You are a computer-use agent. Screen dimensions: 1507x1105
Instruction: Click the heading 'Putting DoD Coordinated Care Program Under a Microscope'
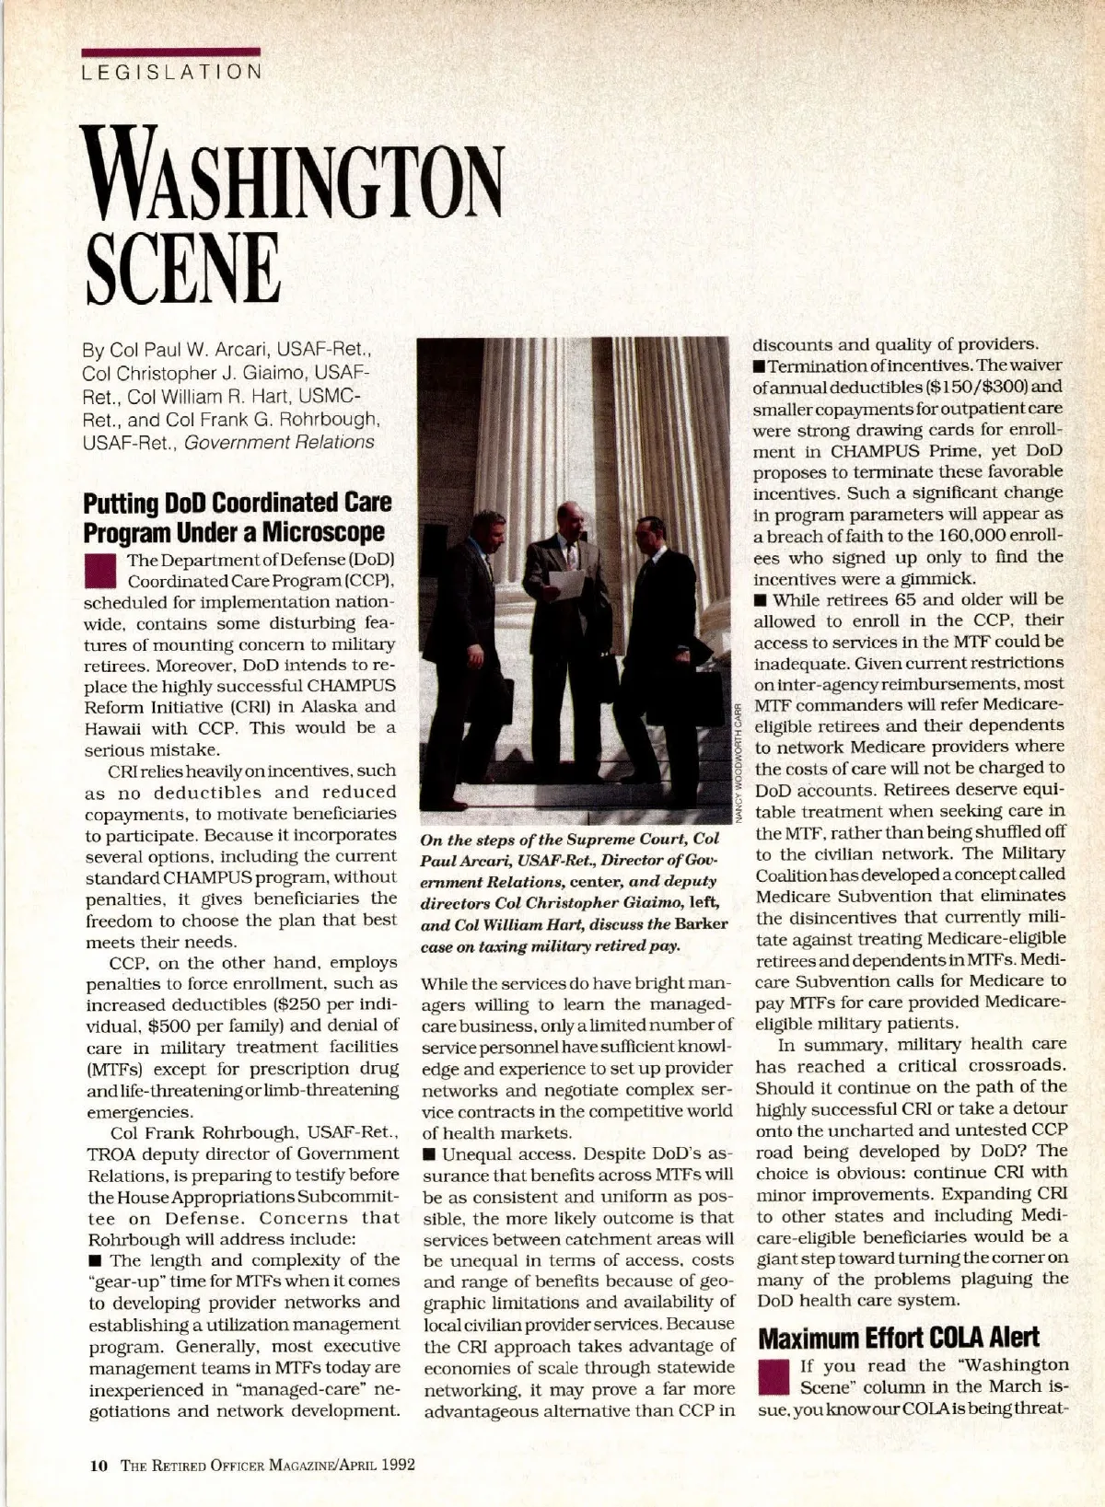[x=237, y=517]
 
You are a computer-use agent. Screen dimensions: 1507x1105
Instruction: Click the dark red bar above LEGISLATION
[x=171, y=52]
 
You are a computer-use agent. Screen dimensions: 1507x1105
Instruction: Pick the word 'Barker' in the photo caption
[x=702, y=923]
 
